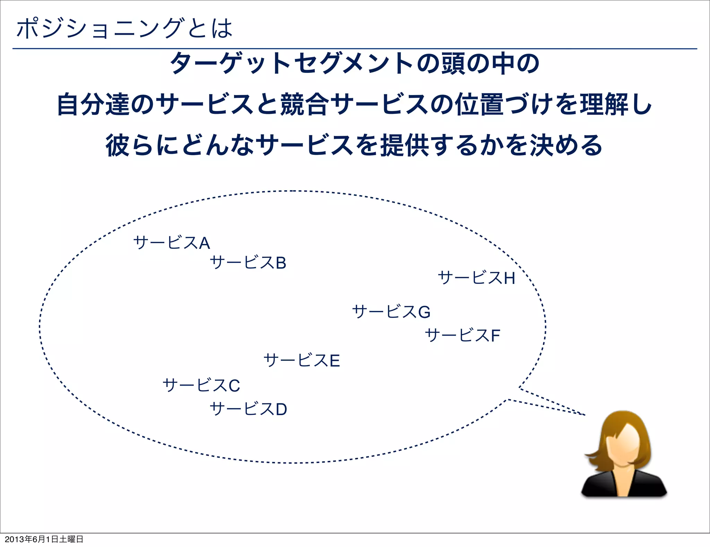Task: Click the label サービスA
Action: tap(172, 243)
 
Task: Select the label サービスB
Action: tap(248, 262)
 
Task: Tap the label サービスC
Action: tap(201, 385)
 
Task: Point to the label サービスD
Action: tap(249, 409)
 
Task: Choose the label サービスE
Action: tap(302, 360)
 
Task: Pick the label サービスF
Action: tap(462, 335)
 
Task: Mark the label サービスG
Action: tap(391, 312)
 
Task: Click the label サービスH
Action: tap(476, 278)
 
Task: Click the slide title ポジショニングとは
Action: tap(124, 28)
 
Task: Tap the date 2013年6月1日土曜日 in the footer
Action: tap(44, 539)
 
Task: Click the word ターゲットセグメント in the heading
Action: tap(291, 64)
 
